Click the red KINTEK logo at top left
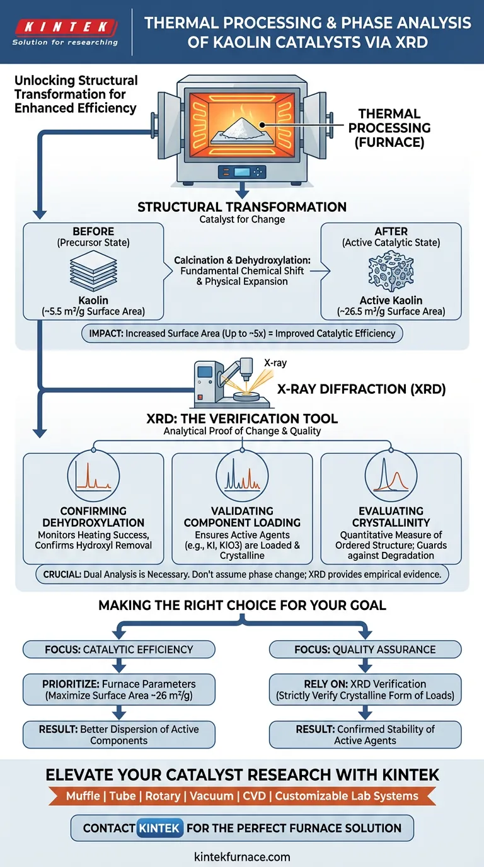tap(65, 27)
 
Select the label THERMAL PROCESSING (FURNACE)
tap(389, 128)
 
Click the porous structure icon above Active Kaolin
tap(391, 272)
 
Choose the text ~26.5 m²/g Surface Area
tap(391, 311)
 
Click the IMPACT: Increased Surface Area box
tap(242, 333)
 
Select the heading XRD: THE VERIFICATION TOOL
tap(242, 419)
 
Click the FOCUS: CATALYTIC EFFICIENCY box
tap(118, 650)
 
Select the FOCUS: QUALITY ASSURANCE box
tap(365, 650)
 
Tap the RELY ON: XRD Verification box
tap(365, 689)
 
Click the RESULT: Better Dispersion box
tap(118, 735)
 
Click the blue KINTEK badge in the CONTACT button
tap(159, 827)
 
